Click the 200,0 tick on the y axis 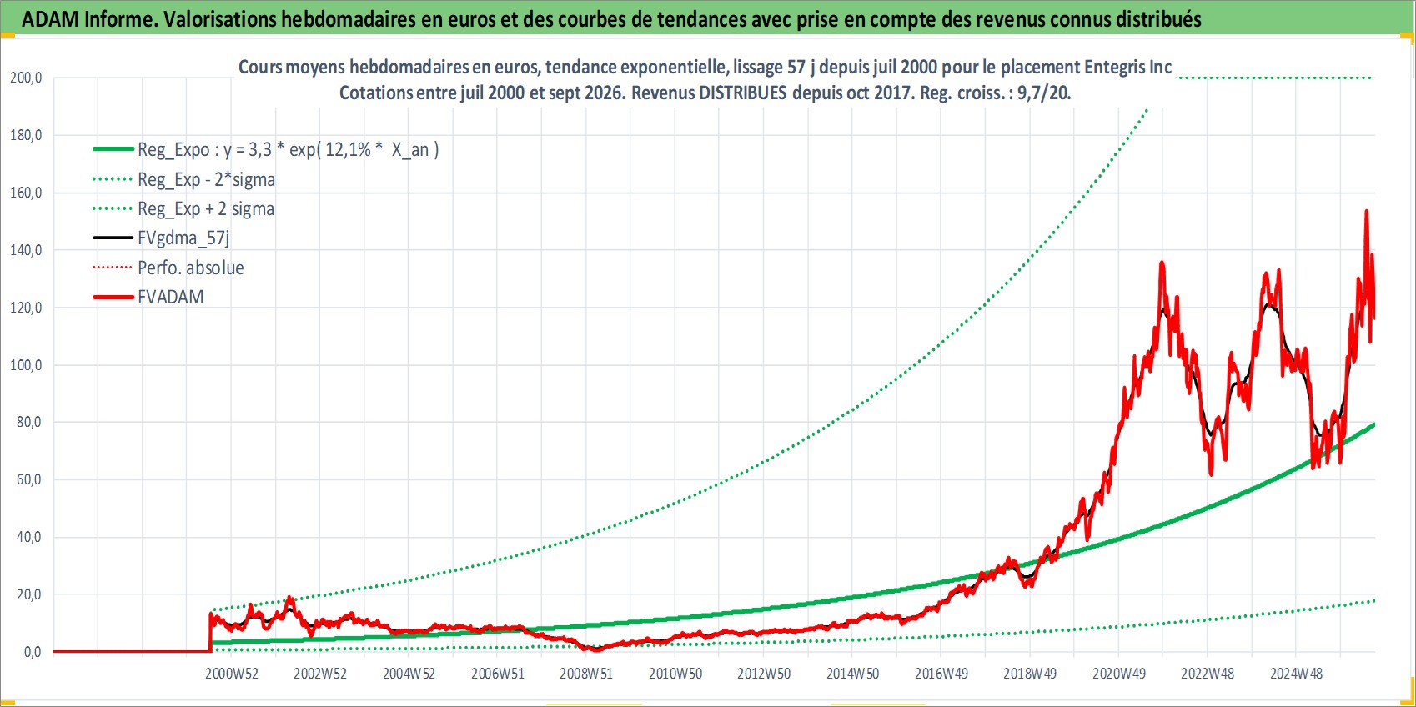click(26, 78)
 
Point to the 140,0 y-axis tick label click(26, 250)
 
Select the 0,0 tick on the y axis click(33, 652)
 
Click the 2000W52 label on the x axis click(231, 674)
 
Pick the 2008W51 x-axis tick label click(586, 674)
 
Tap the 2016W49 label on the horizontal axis click(941, 674)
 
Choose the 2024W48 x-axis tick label click(1296, 674)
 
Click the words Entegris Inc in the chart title click(1128, 67)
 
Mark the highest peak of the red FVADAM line click(1366, 211)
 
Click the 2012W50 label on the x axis click(764, 674)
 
